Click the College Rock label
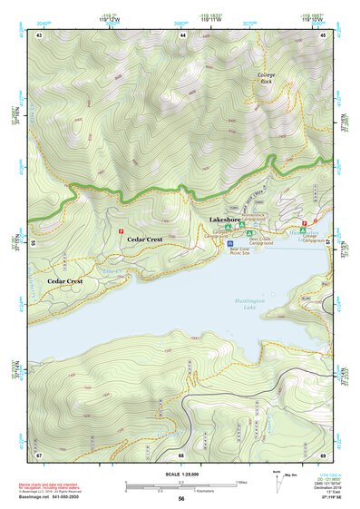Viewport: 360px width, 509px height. point(266,78)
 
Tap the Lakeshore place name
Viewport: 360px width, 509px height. point(224,220)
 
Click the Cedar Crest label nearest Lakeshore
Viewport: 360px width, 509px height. point(144,239)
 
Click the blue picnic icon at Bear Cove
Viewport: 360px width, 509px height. point(230,243)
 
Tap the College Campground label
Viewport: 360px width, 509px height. point(313,239)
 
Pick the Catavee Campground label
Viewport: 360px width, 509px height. point(221,234)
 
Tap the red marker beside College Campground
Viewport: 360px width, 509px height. point(304,222)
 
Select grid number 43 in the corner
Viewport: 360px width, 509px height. point(40,34)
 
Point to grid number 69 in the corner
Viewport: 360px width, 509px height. point(324,454)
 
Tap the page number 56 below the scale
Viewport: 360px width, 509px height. point(180,498)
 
